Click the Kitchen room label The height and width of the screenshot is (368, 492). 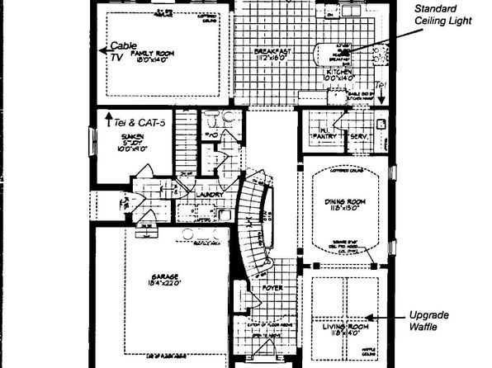click(x=341, y=73)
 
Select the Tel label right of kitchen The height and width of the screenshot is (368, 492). click(x=381, y=86)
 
